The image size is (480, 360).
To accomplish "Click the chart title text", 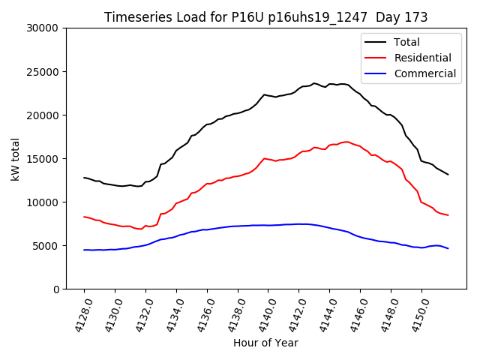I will pyautogui.click(x=265, y=17).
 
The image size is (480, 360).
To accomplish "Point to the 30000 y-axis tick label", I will pyautogui.click(x=43, y=28).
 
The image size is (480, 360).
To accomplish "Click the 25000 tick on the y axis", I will pyautogui.click(x=43, y=72).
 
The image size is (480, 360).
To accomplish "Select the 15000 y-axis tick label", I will pyautogui.click(x=43, y=159).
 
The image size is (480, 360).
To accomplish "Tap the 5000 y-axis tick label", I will pyautogui.click(x=46, y=246).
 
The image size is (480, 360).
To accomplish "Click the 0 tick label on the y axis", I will pyautogui.click(x=56, y=289).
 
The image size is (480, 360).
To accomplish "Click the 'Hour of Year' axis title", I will pyautogui.click(x=265, y=343).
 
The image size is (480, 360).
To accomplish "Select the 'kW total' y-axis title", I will pyautogui.click(x=15, y=159).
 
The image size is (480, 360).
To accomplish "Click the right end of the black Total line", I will pyautogui.click(x=448, y=175).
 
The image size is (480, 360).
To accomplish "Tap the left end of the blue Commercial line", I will pyautogui.click(x=84, y=250).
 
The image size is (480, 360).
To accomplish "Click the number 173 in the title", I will pyautogui.click(x=415, y=17).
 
